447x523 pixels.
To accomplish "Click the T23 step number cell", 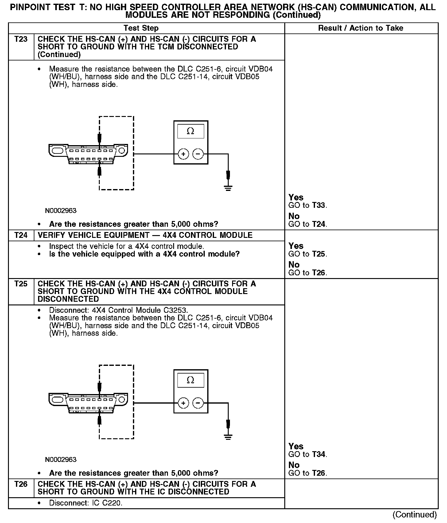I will point(21,39).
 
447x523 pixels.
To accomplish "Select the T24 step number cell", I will point(21,235).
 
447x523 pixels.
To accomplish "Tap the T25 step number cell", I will point(21,284).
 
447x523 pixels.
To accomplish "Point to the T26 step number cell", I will point(21,484).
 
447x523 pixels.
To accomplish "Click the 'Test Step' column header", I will point(141,28).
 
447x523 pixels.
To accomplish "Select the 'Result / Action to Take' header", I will point(360,28).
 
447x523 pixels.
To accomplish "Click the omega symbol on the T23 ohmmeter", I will point(190,131).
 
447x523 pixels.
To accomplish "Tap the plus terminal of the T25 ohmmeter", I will point(183,403).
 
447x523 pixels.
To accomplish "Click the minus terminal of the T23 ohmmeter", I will point(198,154).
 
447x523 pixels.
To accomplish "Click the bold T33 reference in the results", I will point(318,205).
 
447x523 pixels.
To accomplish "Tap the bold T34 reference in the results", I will point(318,454).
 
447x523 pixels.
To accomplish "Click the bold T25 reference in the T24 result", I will point(318,254).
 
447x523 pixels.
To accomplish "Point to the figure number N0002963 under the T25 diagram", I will point(61,459).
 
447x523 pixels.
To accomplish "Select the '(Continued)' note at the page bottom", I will point(414,514).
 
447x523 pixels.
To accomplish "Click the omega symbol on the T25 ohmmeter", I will point(190,380).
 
